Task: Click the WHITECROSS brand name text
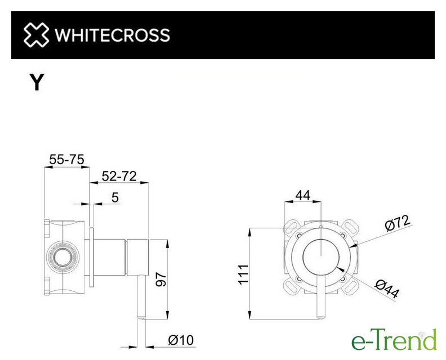point(113,35)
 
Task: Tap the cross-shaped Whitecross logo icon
point(36,35)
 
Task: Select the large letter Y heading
point(37,82)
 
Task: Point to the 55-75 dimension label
point(67,159)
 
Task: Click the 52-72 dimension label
point(119,176)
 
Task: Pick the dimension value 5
point(115,197)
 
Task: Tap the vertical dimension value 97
point(161,279)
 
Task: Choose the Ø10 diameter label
point(181,340)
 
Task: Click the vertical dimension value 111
point(243,274)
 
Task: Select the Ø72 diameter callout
point(398,223)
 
